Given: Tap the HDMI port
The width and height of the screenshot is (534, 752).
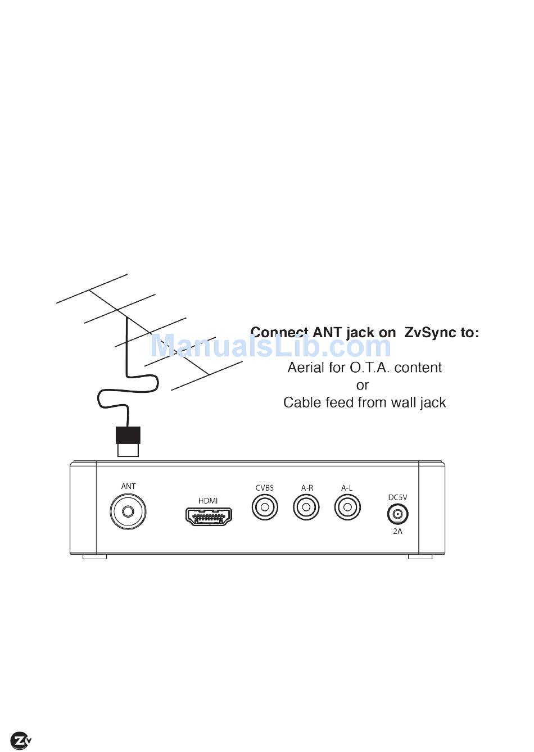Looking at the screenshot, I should (x=209, y=516).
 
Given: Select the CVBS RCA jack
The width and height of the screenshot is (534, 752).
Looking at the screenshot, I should (x=264, y=508).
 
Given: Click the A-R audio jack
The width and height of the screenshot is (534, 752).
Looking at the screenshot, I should (x=306, y=508).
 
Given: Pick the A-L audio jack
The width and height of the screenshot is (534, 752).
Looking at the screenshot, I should (x=347, y=508).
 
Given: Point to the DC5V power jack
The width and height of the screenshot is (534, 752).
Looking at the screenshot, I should (x=397, y=514).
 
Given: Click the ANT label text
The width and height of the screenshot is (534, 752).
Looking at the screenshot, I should (x=128, y=486).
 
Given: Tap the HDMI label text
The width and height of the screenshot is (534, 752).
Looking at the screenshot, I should (x=208, y=501).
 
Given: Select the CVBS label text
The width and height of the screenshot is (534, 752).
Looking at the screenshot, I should (x=264, y=488).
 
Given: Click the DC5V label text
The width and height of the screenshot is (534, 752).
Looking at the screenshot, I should (x=397, y=497).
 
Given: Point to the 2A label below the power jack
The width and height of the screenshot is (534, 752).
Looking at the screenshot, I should (x=397, y=531).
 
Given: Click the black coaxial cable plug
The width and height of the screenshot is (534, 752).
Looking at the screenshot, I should (x=128, y=436).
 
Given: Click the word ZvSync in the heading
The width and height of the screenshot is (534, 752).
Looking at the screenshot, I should (x=431, y=333).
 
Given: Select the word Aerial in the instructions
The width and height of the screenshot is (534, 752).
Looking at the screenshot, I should (x=306, y=368).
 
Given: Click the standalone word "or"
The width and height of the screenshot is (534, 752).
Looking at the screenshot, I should (x=363, y=386).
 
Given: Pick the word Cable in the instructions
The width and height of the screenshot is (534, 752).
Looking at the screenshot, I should (x=302, y=403).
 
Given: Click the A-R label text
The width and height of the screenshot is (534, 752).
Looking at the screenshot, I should (x=307, y=488).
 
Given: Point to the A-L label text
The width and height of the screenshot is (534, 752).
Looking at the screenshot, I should (x=347, y=488).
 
